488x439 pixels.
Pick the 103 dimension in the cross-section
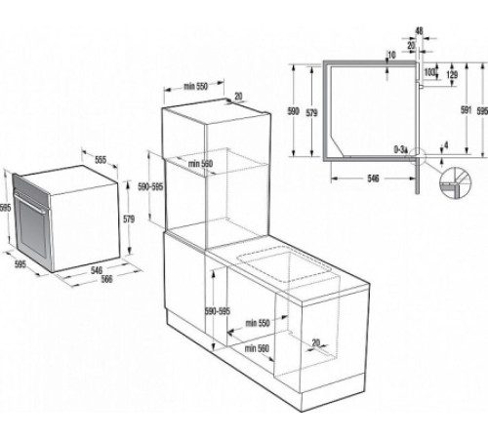pyautogui.click(x=429, y=71)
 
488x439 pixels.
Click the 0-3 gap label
pyautogui.click(x=400, y=149)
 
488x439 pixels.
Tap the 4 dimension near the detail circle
pyautogui.click(x=445, y=146)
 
